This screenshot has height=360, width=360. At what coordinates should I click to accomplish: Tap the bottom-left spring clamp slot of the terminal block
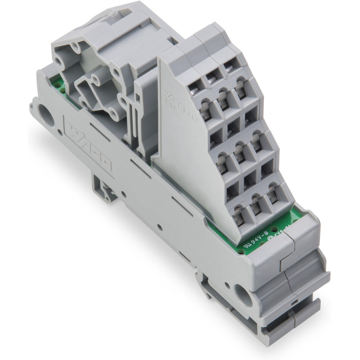(x=237, y=215)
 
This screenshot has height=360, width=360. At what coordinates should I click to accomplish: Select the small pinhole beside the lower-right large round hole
(x=227, y=285)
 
